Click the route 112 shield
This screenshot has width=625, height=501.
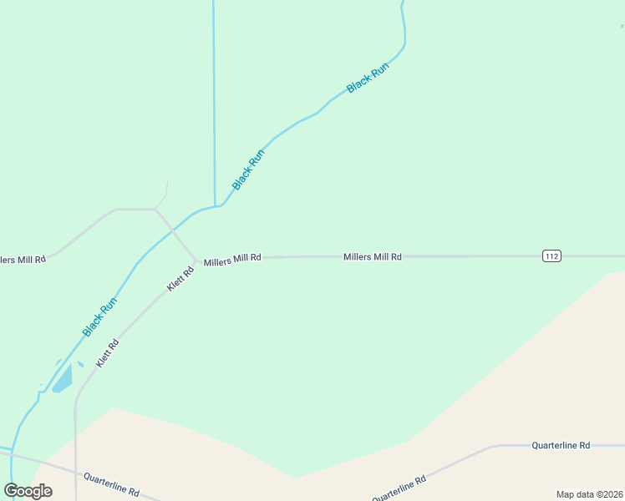click(551, 256)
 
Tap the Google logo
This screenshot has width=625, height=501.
click(28, 490)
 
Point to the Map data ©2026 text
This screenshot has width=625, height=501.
click(589, 494)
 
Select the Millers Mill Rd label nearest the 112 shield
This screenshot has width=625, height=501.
click(373, 257)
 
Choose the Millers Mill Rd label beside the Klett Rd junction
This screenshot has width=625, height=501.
click(232, 258)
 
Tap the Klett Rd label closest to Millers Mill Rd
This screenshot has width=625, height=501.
click(180, 278)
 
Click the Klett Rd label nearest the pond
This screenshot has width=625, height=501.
click(107, 353)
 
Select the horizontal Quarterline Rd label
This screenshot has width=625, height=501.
click(561, 445)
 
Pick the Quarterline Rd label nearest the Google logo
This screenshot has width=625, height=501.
click(111, 483)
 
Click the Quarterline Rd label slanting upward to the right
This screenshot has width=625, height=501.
click(399, 488)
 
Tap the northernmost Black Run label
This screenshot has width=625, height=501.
click(368, 77)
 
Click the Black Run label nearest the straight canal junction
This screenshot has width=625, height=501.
click(248, 169)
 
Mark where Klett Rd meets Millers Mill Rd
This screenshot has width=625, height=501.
click(196, 259)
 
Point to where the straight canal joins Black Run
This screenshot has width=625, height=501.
click(216, 205)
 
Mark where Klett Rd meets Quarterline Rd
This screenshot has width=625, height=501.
click(76, 472)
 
